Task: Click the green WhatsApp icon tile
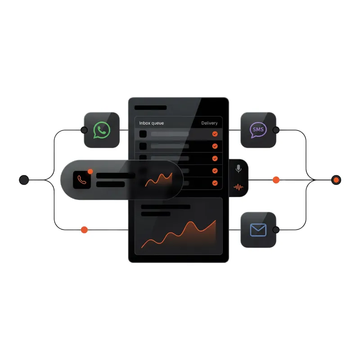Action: tap(102, 130)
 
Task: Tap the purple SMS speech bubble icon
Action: tap(258, 130)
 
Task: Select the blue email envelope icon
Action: tap(258, 229)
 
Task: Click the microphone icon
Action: tap(238, 169)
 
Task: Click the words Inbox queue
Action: tap(152, 123)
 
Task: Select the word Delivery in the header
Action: tap(209, 123)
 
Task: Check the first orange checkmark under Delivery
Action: tap(215, 134)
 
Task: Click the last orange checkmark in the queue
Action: tap(215, 183)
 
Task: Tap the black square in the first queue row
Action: tap(143, 134)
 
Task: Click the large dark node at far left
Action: tap(24, 180)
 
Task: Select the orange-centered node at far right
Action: tap(336, 180)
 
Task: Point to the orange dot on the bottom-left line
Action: tap(84, 229)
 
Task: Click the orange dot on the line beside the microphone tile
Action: tap(276, 180)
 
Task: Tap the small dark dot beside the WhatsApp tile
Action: tap(84, 130)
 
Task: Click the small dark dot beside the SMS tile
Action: tap(276, 130)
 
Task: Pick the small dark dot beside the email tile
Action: tap(276, 229)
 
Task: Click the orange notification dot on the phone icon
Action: tap(90, 171)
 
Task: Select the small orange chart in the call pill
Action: tap(159, 180)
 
